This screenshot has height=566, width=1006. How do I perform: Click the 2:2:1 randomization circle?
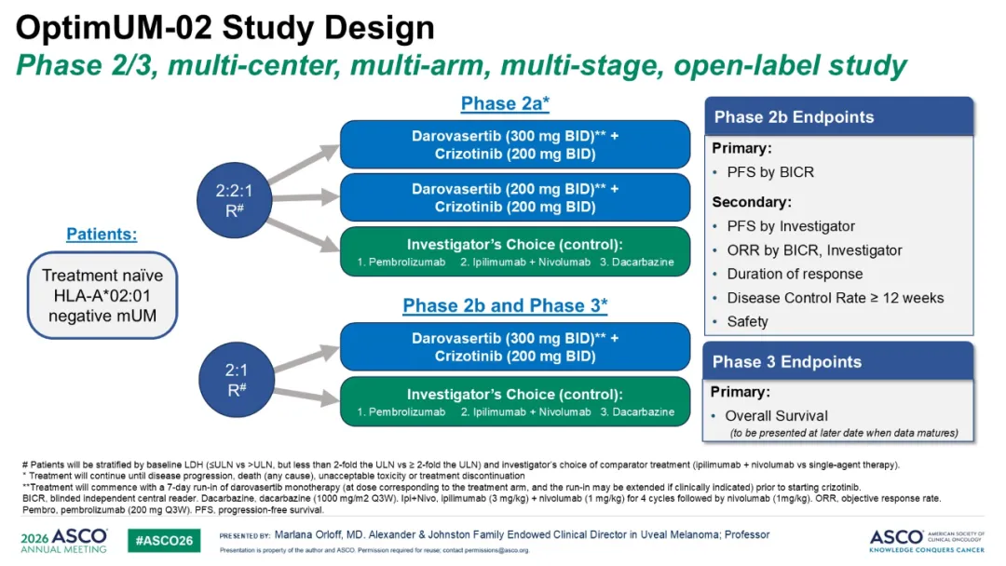click(234, 200)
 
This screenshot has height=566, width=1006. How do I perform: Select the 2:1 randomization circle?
click(237, 380)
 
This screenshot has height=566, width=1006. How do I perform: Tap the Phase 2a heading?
click(505, 104)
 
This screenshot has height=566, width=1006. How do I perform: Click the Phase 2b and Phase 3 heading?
click(505, 305)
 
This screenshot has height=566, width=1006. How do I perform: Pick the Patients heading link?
click(102, 234)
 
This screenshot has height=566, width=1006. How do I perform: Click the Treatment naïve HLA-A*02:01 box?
click(102, 295)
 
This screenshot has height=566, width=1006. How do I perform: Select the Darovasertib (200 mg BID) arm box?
click(515, 197)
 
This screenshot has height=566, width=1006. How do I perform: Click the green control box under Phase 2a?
click(515, 252)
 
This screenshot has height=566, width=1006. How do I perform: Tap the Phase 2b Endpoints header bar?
click(838, 116)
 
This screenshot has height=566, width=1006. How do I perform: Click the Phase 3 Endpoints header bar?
click(838, 361)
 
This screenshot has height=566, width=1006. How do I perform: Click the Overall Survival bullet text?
click(776, 416)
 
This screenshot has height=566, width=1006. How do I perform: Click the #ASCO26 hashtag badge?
click(164, 540)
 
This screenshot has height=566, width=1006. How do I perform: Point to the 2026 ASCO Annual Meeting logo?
click(63, 540)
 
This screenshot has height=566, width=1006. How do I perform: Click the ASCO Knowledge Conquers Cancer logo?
click(927, 541)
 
